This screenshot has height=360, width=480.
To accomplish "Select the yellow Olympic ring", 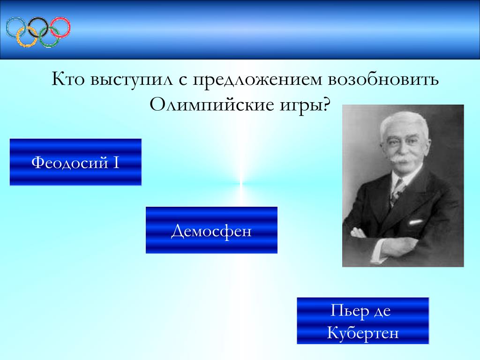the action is pos(17,37).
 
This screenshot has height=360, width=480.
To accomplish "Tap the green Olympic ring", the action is pos(39,37).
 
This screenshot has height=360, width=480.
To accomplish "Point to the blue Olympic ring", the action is pos(7,27).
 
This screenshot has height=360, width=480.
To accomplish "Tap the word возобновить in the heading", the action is pos(383,79).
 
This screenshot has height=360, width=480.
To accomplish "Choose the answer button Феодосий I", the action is pos(75,162).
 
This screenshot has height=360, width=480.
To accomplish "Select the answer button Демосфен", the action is pos(211,230).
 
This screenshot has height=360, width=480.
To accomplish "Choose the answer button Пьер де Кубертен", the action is pos(363,321).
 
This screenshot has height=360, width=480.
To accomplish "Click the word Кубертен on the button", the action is pos(363,332).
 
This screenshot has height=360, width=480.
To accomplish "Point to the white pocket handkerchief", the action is pos(415,222).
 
